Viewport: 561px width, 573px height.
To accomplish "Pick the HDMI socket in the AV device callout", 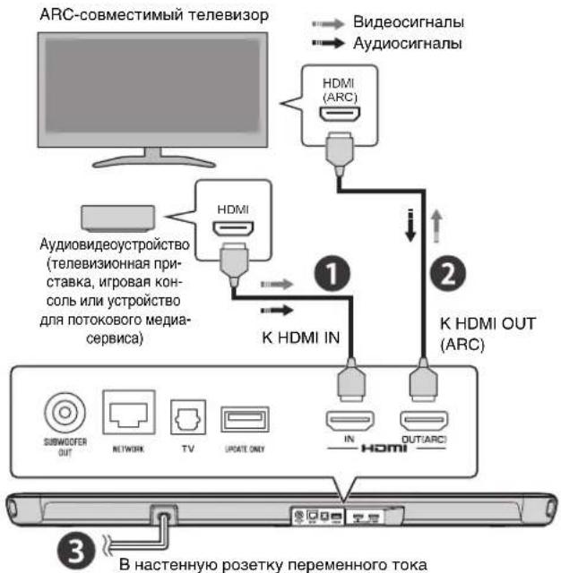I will [x=234, y=232].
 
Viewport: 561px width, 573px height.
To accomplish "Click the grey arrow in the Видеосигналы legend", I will [x=325, y=21].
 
